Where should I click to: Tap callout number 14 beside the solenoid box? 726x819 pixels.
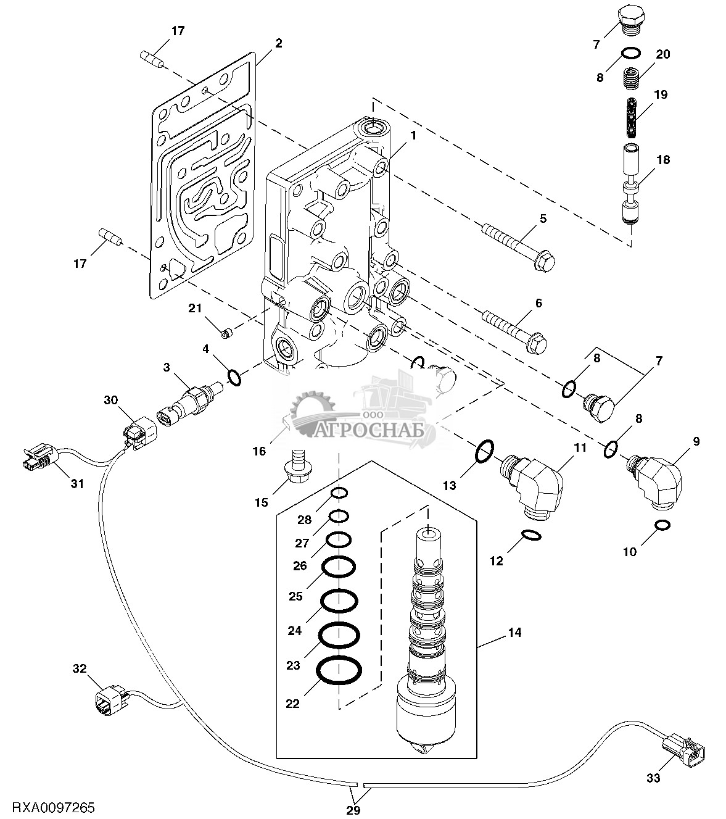[514, 632]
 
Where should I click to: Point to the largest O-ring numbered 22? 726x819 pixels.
[339, 670]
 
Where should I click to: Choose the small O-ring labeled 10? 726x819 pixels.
[662, 525]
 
